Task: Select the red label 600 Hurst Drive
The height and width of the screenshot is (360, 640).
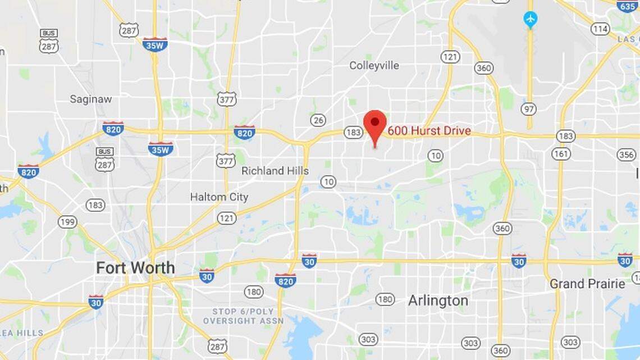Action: (429, 131)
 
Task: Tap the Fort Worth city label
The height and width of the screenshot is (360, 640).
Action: (135, 268)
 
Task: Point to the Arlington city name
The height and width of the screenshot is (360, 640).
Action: (438, 300)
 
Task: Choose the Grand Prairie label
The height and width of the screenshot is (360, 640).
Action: (587, 284)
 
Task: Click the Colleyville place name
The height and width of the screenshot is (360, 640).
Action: (374, 65)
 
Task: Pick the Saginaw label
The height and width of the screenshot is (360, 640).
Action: (90, 99)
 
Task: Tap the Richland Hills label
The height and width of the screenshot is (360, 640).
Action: (275, 171)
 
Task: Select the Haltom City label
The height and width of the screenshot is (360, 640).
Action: (219, 197)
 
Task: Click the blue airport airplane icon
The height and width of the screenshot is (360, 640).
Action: (530, 20)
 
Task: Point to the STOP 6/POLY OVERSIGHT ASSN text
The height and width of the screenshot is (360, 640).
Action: (243, 316)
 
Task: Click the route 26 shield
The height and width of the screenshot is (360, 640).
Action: (318, 120)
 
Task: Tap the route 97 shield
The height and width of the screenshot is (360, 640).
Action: (528, 108)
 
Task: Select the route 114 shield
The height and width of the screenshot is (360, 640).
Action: (600, 29)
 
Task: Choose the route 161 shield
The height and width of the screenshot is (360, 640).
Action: (561, 153)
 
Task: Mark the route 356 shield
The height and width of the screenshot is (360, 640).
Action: (626, 154)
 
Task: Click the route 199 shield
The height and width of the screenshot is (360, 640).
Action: (67, 222)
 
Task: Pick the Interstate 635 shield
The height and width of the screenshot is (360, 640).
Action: (627, 6)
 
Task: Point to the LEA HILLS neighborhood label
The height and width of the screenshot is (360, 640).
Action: (21, 332)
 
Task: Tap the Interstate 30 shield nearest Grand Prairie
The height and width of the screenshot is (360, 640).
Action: (624, 259)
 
